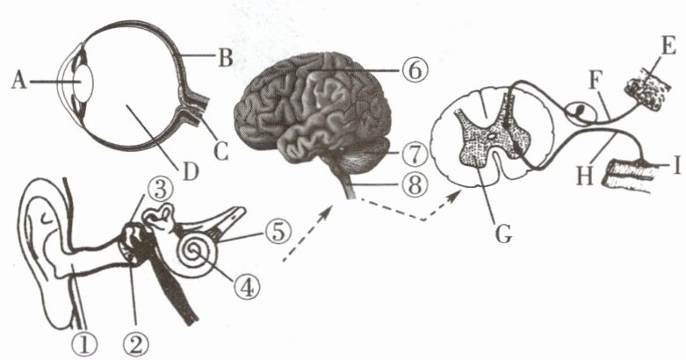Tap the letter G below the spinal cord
click(x=503, y=234)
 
